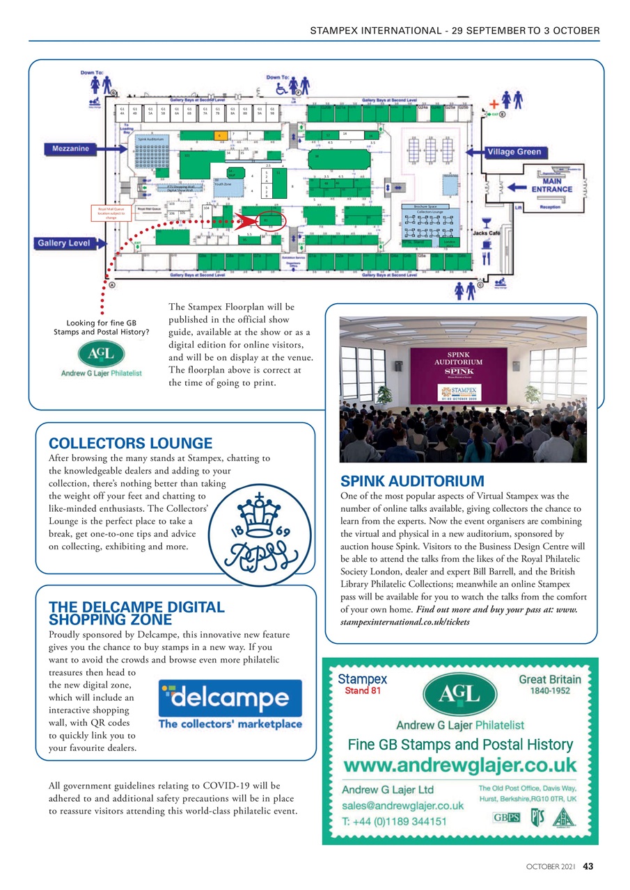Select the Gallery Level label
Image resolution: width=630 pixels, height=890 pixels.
pos(68,243)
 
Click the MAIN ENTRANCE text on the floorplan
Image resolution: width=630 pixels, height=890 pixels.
pos(551,184)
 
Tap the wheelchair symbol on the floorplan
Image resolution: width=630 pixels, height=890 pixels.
pos(283,89)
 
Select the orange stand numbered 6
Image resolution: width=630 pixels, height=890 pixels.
pos(219,135)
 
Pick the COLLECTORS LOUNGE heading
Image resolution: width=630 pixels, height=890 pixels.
pos(131,444)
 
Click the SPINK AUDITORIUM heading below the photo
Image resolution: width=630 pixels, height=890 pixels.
pos(412,481)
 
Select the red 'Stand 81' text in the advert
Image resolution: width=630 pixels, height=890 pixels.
pos(362,691)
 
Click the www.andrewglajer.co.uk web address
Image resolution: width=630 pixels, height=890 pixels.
pos(460,766)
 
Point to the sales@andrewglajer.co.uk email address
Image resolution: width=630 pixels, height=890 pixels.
pos(403,805)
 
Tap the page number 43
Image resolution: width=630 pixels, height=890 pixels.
pos(588,866)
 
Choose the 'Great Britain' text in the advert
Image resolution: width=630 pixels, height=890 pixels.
pos(549,679)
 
